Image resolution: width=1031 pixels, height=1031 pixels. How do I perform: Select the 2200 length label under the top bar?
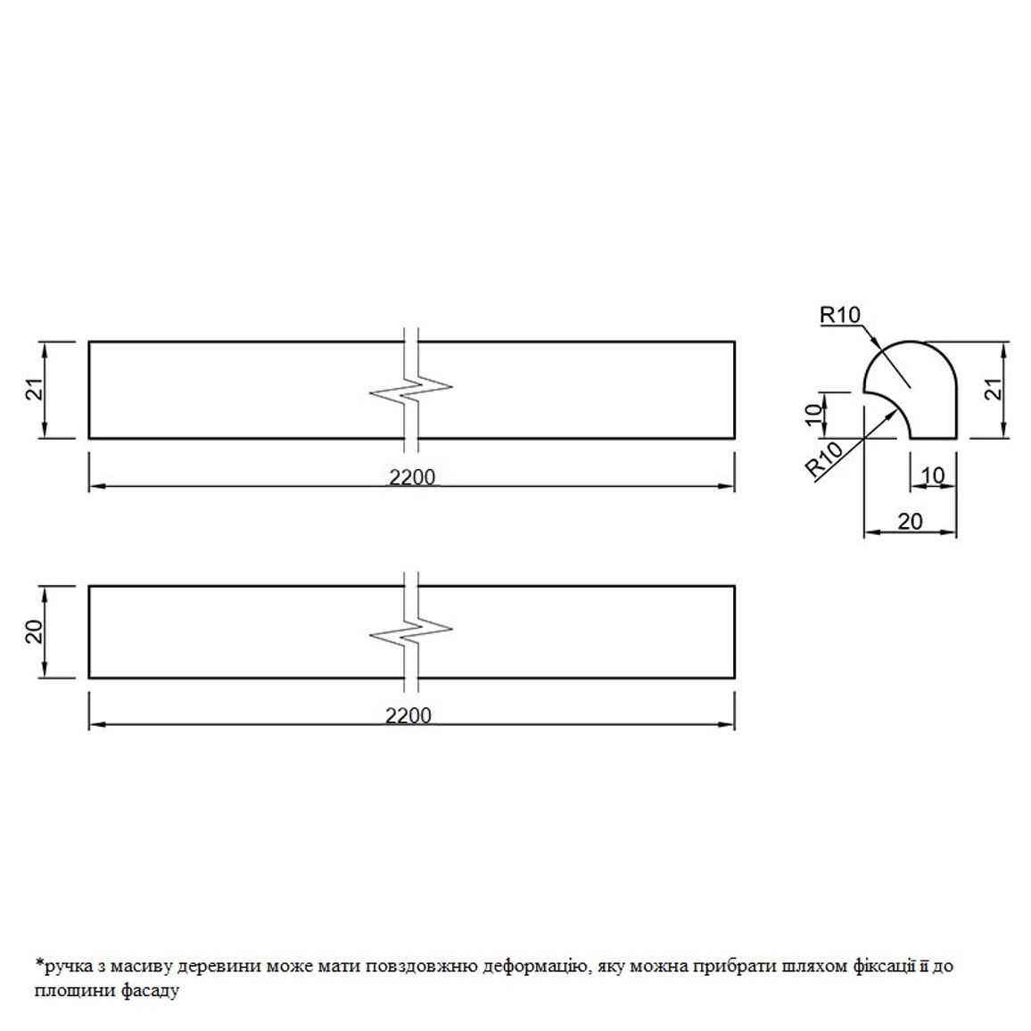coord(412,477)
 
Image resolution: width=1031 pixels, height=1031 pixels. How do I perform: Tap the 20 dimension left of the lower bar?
coord(37,631)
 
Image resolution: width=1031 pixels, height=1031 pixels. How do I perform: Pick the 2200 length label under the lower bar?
coord(408,714)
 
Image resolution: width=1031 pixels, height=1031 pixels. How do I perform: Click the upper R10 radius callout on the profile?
coord(839,315)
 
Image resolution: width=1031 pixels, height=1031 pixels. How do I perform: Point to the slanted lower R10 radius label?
coord(825,459)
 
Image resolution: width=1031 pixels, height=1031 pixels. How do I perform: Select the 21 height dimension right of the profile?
coord(996,389)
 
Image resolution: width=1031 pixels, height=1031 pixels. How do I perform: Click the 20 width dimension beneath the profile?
coord(910,522)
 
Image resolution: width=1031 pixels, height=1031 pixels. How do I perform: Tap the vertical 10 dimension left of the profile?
coord(814,414)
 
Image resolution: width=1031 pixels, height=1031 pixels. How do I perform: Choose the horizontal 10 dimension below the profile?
coord(932,474)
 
